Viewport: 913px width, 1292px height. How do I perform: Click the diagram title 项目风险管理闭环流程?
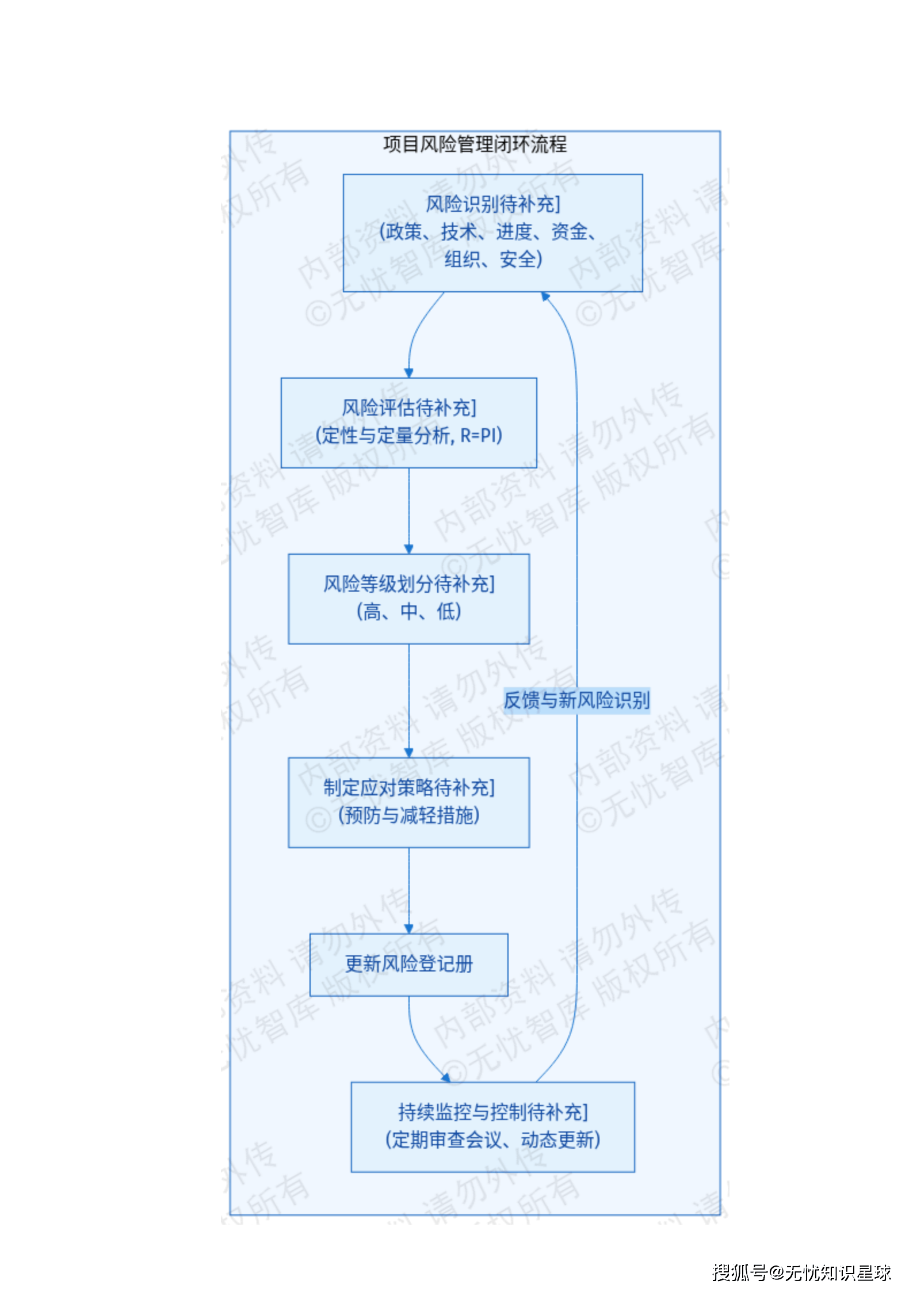coord(475,144)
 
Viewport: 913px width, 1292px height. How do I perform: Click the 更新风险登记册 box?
coord(408,964)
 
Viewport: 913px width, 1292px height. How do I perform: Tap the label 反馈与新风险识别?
coord(576,700)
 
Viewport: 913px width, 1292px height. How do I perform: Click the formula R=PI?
coord(481,436)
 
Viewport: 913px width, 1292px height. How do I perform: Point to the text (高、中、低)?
coord(408,612)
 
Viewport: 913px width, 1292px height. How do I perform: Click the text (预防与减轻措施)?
coord(408,815)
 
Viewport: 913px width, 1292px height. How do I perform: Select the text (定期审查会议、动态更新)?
coord(492,1140)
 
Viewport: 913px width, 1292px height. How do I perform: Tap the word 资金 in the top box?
coord(569,232)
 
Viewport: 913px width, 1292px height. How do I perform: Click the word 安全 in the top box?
coord(517,260)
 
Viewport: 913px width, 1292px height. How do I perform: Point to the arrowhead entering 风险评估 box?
coord(408,374)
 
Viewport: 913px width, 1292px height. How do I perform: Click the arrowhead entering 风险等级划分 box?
coord(408,550)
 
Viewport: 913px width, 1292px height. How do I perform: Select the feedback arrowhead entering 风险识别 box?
coord(545,296)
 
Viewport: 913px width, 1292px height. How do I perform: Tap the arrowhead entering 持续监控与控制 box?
coord(445,1077)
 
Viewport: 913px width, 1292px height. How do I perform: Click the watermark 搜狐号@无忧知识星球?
coord(801,1272)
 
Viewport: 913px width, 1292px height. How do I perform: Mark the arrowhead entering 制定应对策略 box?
coord(408,753)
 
